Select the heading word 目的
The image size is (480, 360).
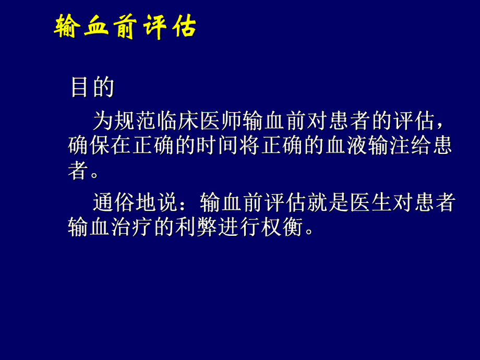pos(92,88)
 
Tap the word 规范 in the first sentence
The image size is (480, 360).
pos(133,122)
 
